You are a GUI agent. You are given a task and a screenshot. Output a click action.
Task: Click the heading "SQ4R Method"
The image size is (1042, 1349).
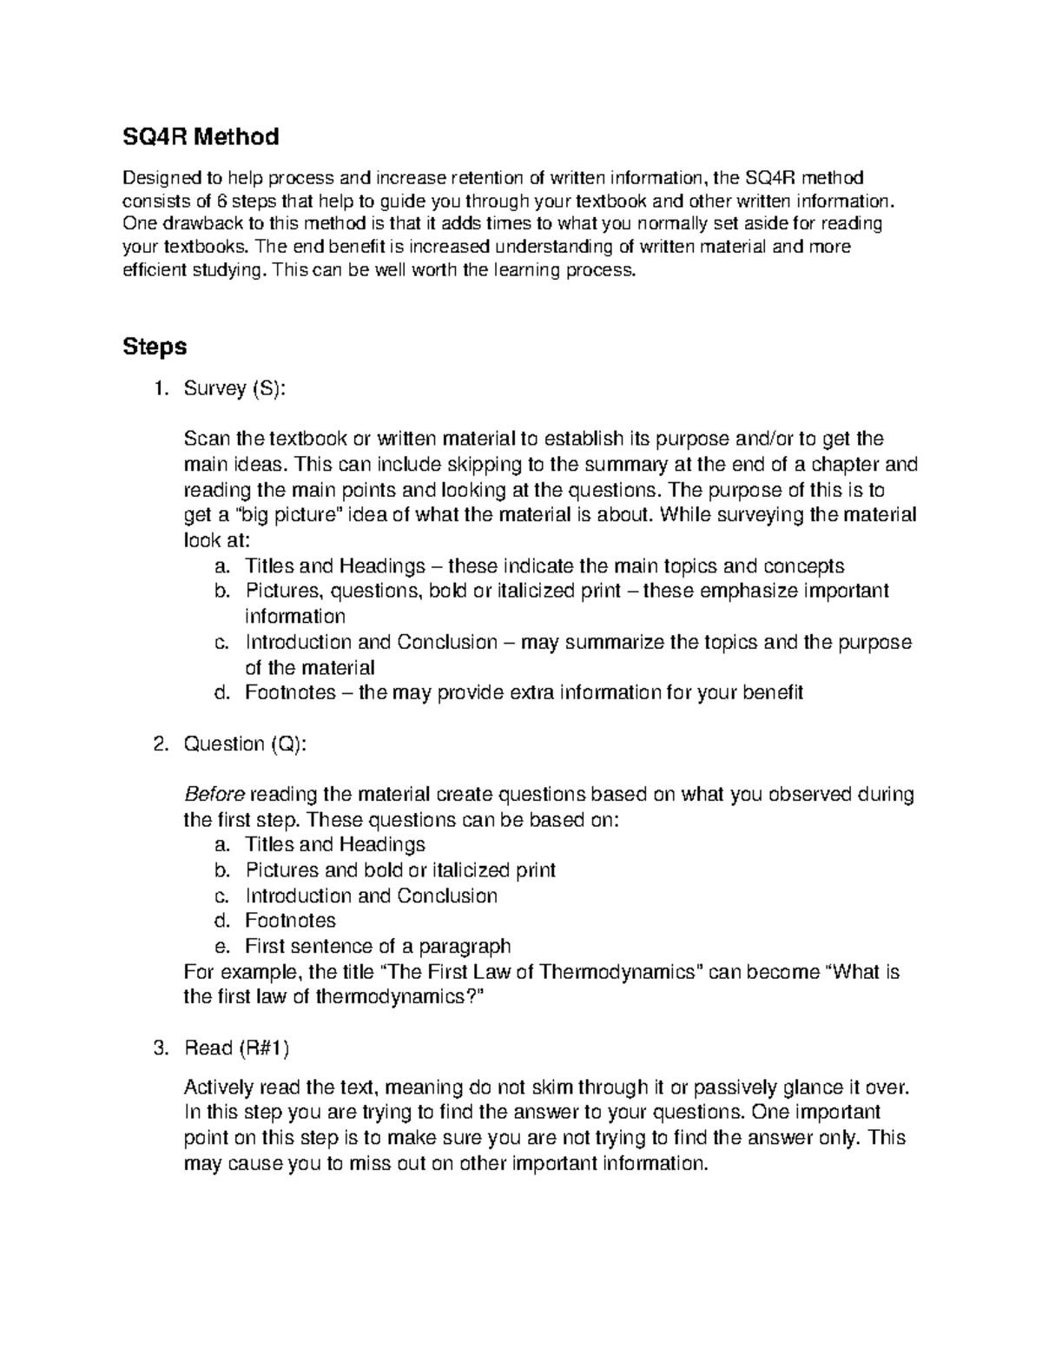[201, 136]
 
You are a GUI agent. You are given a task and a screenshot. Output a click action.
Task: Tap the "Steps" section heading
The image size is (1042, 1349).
[155, 347]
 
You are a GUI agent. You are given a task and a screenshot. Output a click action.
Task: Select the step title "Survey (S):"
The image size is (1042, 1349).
[234, 389]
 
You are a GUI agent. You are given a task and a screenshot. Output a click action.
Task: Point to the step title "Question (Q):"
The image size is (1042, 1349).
[245, 744]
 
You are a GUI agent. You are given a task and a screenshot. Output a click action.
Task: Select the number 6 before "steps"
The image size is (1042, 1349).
[221, 202]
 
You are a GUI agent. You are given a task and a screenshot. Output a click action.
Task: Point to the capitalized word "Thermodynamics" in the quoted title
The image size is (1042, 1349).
[619, 971]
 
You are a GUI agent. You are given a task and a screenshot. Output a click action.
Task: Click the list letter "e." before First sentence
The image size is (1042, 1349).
[221, 946]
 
